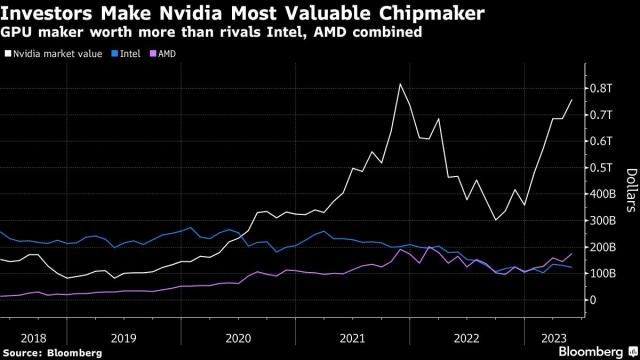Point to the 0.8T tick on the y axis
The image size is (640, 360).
[x=600, y=88]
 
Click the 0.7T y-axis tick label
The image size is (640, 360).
[x=600, y=115]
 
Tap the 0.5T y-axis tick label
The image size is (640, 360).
[x=600, y=168]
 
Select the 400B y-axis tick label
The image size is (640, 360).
[x=602, y=194]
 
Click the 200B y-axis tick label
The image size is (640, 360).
[x=602, y=247]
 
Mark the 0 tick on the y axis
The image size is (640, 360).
[x=593, y=300]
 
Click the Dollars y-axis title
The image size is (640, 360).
[x=630, y=190]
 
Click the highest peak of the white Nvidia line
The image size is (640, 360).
[x=400, y=84]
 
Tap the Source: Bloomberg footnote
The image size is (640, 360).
[x=46, y=352]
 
